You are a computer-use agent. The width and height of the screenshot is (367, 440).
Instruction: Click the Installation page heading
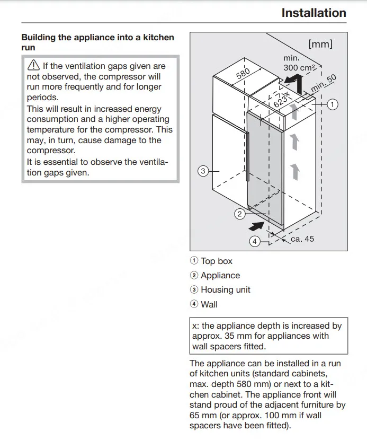click(314, 13)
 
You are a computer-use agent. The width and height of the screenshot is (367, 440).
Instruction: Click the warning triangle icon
click(33, 65)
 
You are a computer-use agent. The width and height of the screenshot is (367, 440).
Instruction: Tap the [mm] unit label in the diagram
click(320, 44)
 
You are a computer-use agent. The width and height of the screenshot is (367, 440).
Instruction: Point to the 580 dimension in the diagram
click(243, 73)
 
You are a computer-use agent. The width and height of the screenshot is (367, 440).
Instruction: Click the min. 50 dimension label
click(323, 83)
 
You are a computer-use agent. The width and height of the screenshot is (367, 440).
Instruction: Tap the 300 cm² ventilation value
click(299, 68)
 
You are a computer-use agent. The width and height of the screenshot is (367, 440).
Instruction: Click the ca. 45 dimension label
click(302, 239)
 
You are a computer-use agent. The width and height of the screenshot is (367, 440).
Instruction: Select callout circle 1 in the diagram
click(333, 104)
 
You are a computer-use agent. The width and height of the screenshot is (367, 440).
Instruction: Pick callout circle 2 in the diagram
click(239, 214)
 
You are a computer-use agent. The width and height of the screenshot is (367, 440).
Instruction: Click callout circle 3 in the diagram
click(203, 171)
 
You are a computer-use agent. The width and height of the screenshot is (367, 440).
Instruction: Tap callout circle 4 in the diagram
click(255, 241)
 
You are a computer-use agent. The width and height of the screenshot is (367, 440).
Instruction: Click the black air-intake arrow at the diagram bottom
click(256, 226)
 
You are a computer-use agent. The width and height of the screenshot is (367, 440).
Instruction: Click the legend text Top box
click(217, 261)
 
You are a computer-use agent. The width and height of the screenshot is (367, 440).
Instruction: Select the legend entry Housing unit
click(226, 289)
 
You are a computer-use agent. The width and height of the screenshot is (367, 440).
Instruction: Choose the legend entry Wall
click(209, 304)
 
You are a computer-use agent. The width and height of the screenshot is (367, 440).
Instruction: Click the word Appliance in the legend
click(220, 275)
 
